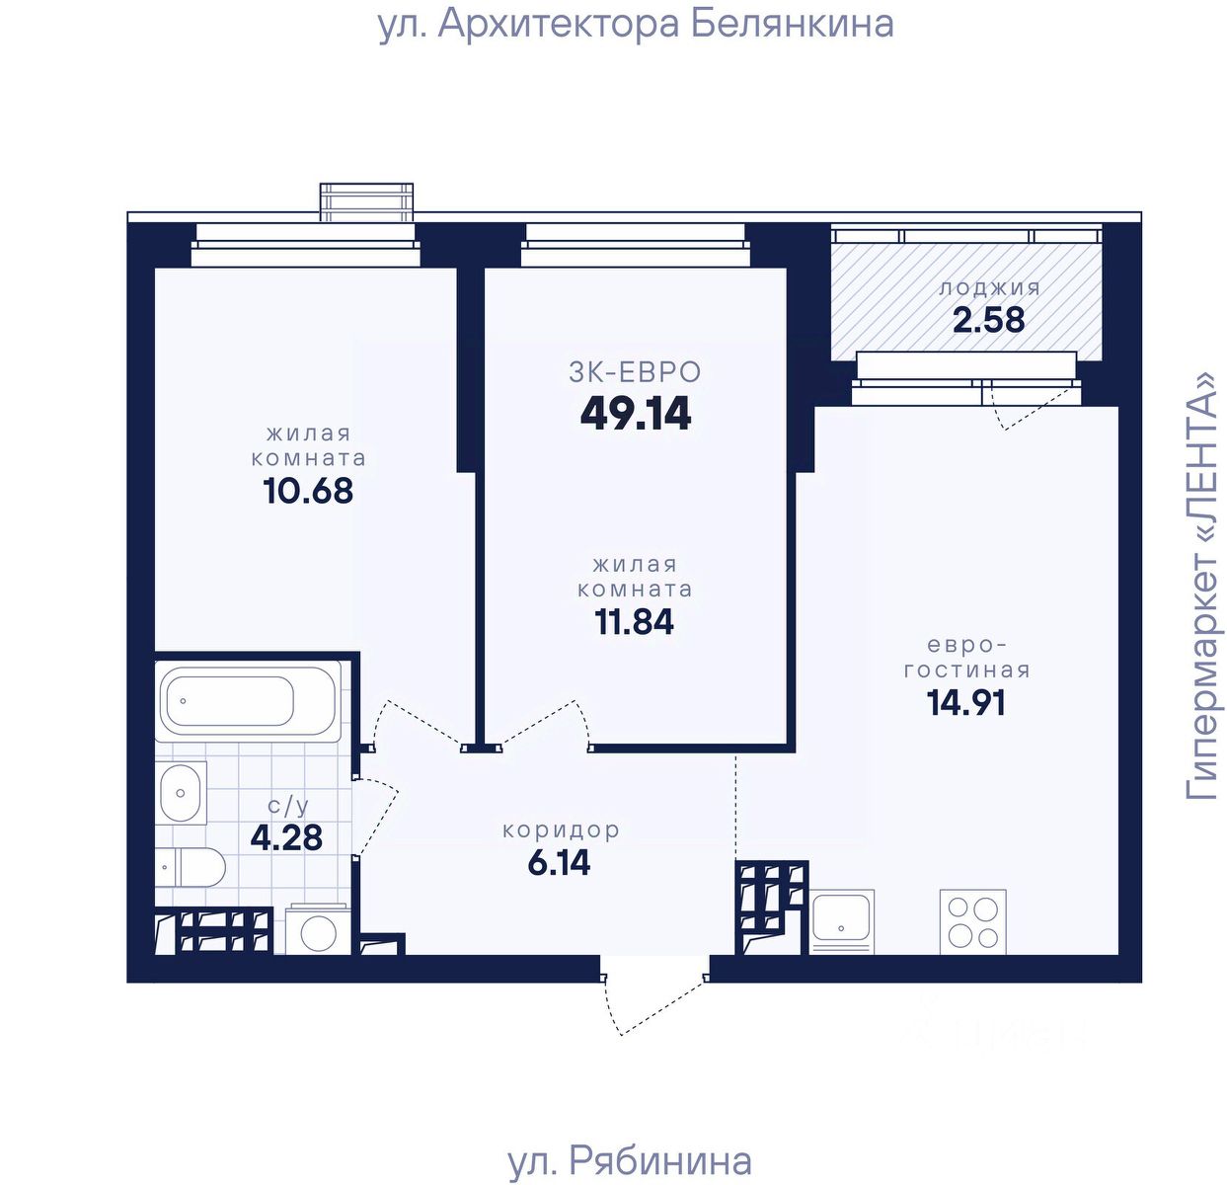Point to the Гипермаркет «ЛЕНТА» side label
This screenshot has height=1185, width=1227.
pos(1200,586)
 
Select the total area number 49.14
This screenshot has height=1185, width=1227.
pos(636,415)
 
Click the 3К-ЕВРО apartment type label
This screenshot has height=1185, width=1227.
pos(635,372)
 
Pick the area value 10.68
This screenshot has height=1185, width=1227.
pos(308,491)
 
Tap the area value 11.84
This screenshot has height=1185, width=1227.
pos(635,621)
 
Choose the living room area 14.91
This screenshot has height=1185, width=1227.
pos(966,702)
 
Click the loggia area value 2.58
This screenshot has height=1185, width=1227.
pos(989,320)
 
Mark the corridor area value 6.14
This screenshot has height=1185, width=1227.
pos(559,863)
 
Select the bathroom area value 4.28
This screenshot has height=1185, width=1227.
pos(286,837)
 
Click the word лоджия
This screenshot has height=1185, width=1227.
pos(989,288)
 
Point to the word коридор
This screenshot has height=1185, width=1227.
pos(561,830)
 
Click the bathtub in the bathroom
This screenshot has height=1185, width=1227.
pos(248,701)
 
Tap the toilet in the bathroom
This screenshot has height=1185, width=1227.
pos(190,866)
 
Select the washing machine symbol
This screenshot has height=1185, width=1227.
pos(319,930)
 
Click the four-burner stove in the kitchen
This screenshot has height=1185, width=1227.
pos(973,922)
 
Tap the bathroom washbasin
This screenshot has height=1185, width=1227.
pos(182,793)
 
